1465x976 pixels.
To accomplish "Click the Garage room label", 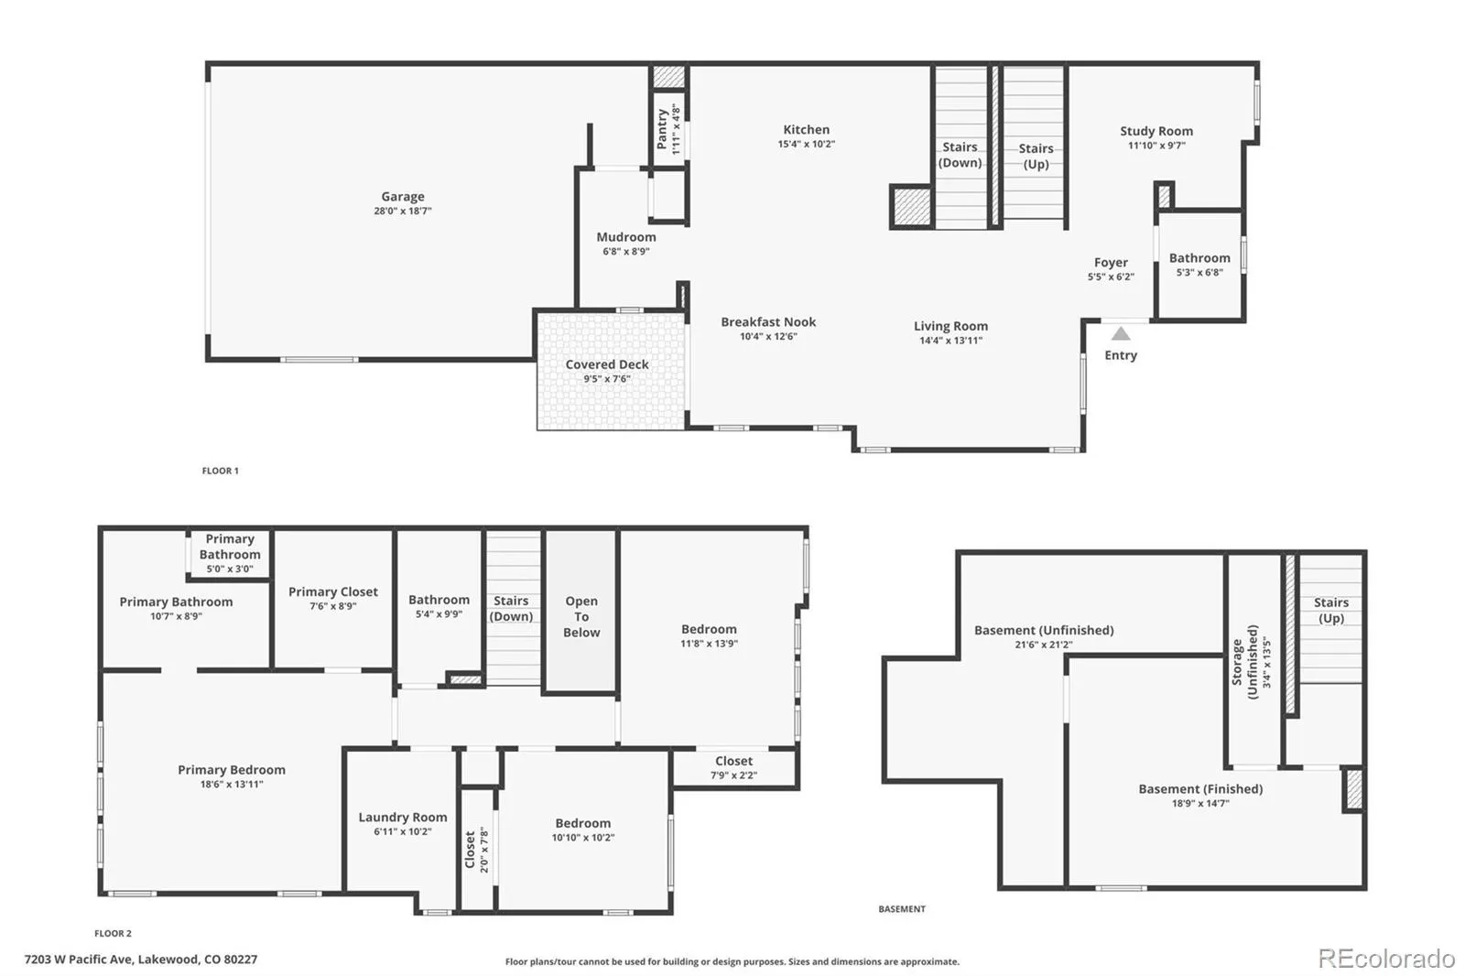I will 403,197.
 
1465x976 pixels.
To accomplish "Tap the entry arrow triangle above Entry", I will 1121,334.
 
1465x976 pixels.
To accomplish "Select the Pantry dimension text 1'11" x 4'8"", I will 677,130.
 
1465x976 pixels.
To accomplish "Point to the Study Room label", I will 1156,131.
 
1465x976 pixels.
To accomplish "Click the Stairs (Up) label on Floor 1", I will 1036,156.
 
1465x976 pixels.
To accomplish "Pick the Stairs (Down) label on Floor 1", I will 960,155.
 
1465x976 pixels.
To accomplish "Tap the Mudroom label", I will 626,237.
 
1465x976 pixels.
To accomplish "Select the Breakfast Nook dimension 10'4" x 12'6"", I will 768,337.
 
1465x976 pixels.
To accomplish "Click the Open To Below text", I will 581,616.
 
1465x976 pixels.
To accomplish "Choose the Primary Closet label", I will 332,592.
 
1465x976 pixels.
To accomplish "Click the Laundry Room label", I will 403,818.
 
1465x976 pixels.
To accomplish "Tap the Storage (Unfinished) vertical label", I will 1244,662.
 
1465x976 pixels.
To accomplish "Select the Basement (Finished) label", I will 1200,789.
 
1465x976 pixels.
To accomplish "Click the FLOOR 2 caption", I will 113,934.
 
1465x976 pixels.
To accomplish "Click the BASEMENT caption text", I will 902,909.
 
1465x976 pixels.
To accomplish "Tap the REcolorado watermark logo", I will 1386,959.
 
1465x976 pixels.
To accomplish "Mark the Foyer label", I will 1111,263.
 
